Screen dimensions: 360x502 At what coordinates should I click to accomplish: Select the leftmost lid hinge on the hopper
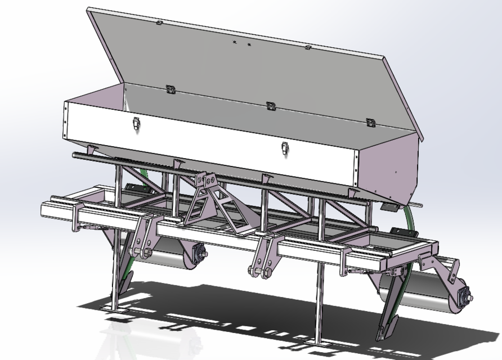tap(169, 89)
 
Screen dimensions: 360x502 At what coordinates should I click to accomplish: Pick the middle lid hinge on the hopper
tap(270, 106)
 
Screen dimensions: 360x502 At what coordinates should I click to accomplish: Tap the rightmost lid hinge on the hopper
tap(370, 123)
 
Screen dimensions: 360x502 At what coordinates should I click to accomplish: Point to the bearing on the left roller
tap(198, 254)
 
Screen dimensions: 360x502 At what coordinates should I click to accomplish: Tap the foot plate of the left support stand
tap(113, 310)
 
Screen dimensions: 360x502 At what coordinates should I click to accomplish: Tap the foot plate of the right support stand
tap(318, 343)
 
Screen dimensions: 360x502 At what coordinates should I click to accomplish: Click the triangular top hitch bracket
tap(208, 197)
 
